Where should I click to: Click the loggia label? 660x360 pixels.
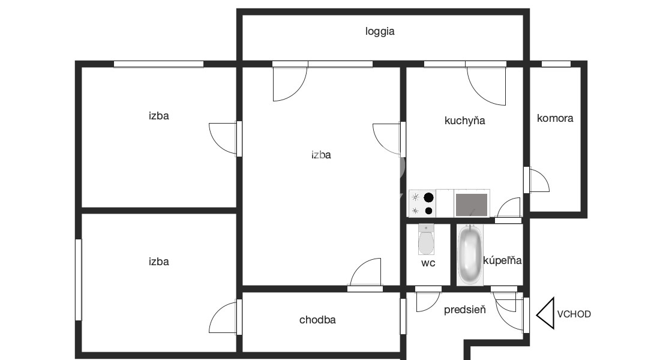pyautogui.click(x=380, y=32)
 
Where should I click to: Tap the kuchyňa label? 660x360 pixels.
pyautogui.click(x=464, y=121)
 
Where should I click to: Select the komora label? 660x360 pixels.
pyautogui.click(x=555, y=118)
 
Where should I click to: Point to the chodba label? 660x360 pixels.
pyautogui.click(x=317, y=320)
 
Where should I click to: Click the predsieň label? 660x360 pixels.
pyautogui.click(x=464, y=310)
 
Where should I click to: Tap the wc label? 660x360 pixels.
pyautogui.click(x=428, y=263)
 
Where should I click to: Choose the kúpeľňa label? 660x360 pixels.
pyautogui.click(x=502, y=260)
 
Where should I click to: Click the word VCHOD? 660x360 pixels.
pyautogui.click(x=574, y=314)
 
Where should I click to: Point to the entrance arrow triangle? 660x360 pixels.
pyautogui.click(x=545, y=313)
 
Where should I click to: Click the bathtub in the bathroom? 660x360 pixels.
pyautogui.click(x=470, y=255)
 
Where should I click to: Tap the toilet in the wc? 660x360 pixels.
pyautogui.click(x=426, y=239)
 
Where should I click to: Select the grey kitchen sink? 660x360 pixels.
pyautogui.click(x=472, y=204)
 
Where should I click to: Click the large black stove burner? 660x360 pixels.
pyautogui.click(x=428, y=197)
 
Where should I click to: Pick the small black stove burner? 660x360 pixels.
pyautogui.click(x=428, y=211)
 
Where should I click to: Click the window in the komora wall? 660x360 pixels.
pyautogui.click(x=556, y=64)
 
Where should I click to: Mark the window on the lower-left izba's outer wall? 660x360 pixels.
pyautogui.click(x=78, y=280)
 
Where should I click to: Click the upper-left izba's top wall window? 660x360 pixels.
pyautogui.click(x=158, y=64)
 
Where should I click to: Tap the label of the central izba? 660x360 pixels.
pyautogui.click(x=321, y=155)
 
